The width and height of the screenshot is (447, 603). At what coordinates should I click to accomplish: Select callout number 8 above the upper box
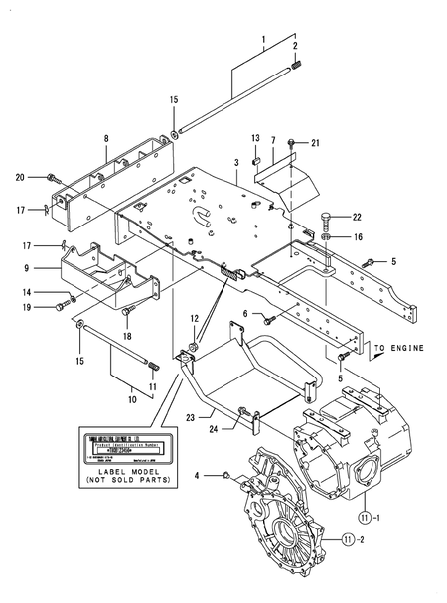coord(106,141)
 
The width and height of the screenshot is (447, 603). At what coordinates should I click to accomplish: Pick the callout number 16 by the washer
coord(359,238)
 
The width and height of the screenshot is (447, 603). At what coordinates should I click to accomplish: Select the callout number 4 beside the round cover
coord(197,476)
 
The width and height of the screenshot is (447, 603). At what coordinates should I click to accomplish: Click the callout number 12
coord(195,319)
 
